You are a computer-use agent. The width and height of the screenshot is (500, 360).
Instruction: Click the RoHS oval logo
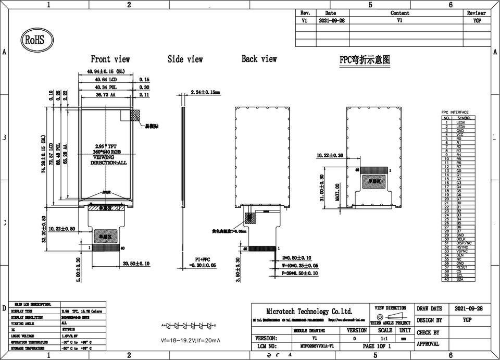[x=33, y=40]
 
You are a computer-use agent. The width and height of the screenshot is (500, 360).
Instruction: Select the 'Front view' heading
[x=110, y=59]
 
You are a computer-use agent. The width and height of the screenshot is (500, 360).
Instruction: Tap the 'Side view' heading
[x=185, y=59]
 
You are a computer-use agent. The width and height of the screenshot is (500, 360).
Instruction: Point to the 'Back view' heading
[x=259, y=59]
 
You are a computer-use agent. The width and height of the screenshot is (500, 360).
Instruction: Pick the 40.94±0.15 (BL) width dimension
[x=106, y=71]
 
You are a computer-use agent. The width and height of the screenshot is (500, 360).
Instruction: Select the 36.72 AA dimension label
[x=106, y=95]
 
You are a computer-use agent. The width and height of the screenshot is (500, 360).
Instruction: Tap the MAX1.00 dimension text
[x=337, y=192]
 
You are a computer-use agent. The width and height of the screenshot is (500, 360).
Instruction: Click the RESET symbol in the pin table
[x=460, y=267]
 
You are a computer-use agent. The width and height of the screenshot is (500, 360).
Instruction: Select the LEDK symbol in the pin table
[x=460, y=123]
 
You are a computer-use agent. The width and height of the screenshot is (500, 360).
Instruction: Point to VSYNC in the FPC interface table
[x=460, y=251]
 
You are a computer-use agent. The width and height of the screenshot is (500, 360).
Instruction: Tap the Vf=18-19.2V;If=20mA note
[x=190, y=341]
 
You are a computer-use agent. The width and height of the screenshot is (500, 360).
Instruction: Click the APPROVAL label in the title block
[x=428, y=344]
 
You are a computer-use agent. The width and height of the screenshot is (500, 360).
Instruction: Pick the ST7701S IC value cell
[x=62, y=330]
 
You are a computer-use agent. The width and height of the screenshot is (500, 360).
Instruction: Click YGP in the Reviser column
[x=476, y=20]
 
